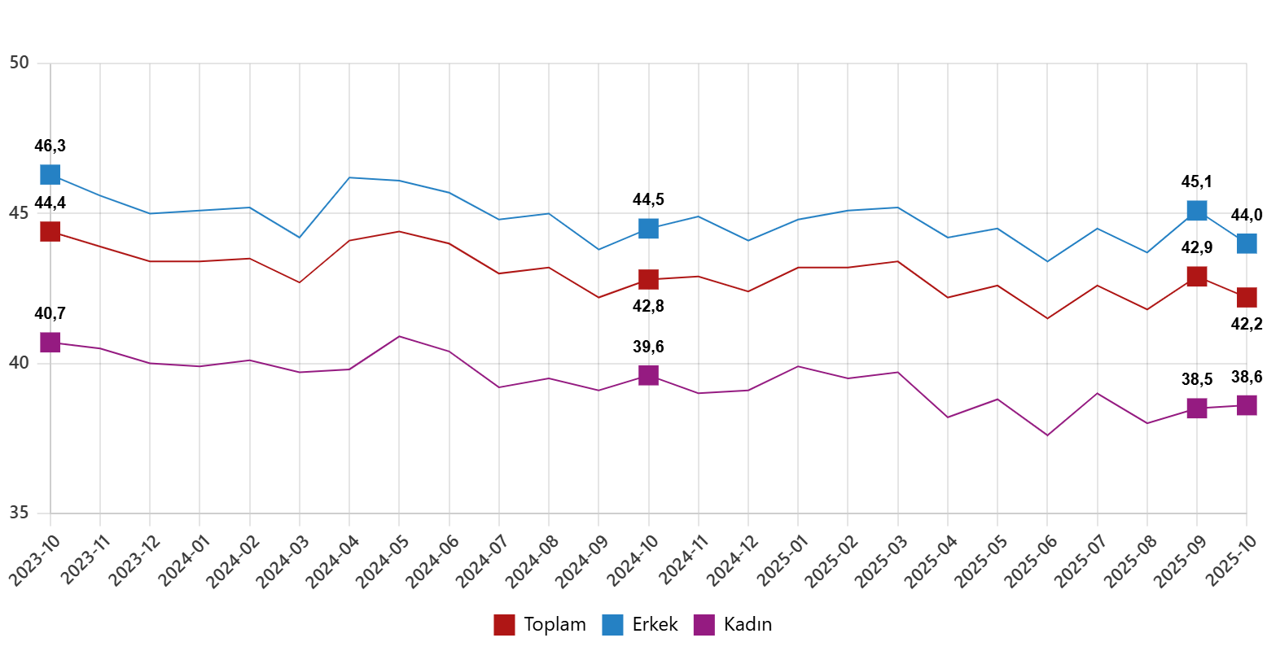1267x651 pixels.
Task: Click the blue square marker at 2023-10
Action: point(50,174)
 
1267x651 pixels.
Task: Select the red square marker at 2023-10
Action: point(50,232)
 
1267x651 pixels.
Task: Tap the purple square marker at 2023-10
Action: point(50,343)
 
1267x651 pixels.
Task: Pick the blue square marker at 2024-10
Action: point(648,228)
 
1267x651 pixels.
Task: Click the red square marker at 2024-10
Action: point(648,279)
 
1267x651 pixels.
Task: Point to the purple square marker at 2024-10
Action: point(648,374)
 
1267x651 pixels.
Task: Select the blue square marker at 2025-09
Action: point(1196,210)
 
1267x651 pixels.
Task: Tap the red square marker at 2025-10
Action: point(1247,297)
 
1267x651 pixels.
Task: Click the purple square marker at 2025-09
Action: point(1196,408)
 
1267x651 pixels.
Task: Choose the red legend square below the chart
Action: point(504,625)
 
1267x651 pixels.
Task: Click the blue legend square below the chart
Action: point(612,625)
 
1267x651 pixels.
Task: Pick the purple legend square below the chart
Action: point(704,625)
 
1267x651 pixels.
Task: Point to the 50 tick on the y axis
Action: point(20,63)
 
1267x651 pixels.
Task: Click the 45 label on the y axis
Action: point(20,213)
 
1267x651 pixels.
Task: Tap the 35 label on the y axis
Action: point(20,513)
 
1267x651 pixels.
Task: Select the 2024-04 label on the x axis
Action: point(333,561)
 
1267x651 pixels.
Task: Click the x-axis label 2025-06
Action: point(1031,561)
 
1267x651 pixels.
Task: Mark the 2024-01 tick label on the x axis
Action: point(184,561)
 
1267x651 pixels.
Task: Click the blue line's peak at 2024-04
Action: point(349,177)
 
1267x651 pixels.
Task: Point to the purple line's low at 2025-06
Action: point(1047,435)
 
